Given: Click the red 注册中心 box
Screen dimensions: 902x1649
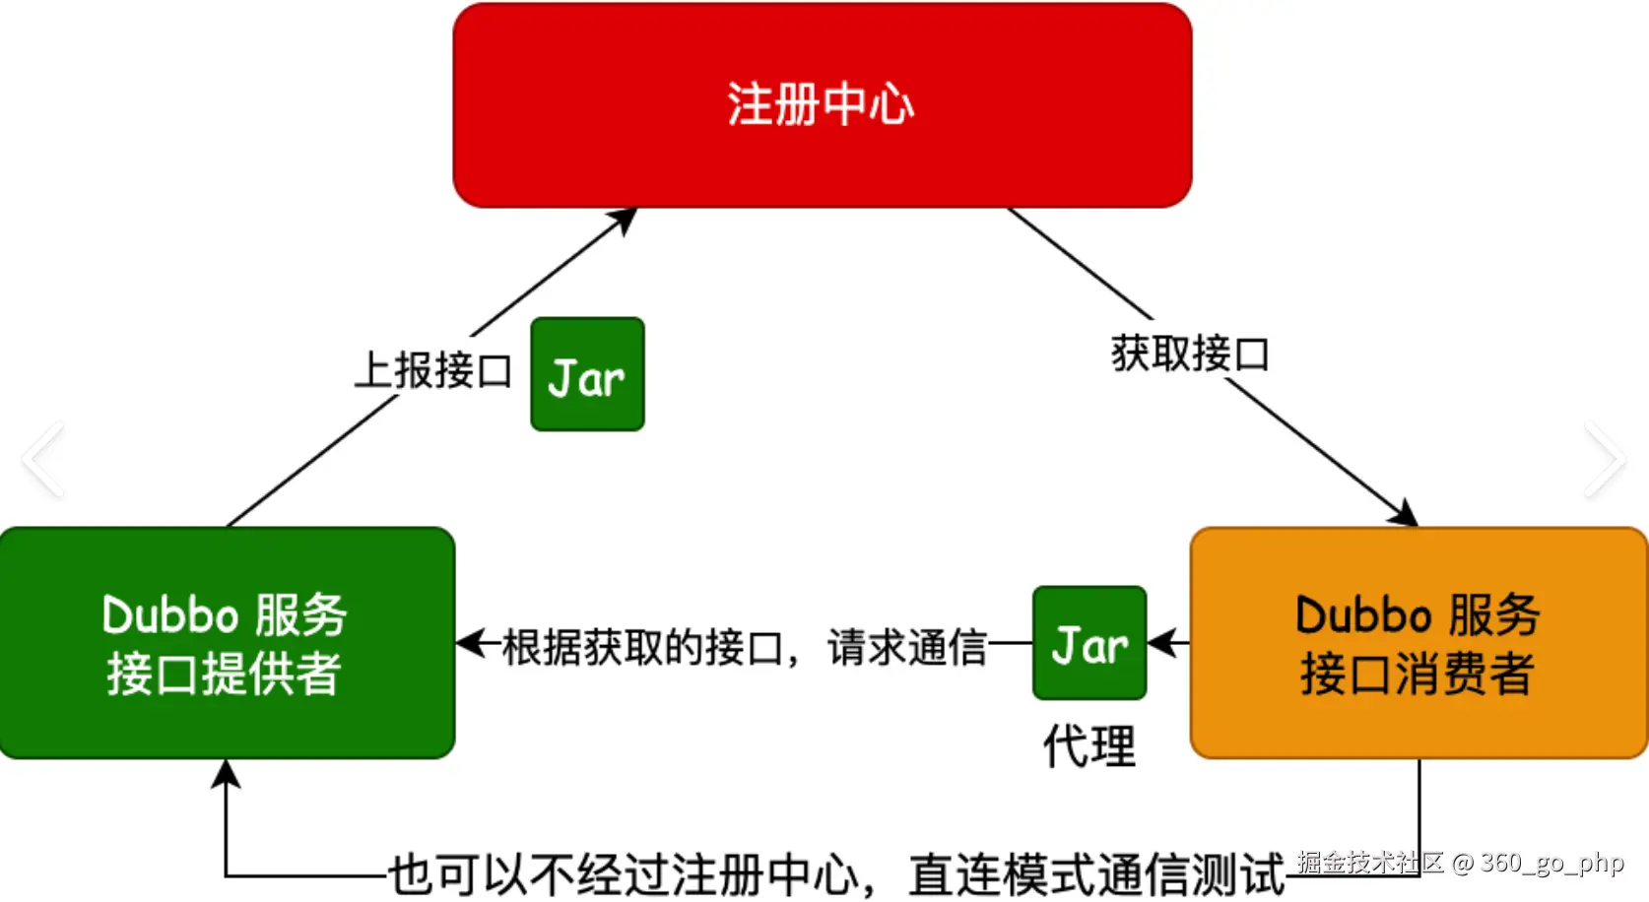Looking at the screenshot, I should pos(822,105).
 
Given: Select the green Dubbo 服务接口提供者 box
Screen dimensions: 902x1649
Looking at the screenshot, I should pos(227,643).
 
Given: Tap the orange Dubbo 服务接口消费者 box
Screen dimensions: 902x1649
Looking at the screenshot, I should pos(1418,643).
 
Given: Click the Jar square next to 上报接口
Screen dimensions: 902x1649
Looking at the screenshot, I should pos(587,374).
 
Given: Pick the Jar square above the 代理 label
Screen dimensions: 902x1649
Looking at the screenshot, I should pos(1089,643).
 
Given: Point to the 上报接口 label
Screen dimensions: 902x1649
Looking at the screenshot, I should pos(433,371).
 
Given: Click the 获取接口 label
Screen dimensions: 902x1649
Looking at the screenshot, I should pos(1190,354).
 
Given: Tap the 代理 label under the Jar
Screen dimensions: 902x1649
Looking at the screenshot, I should pos(1089,745).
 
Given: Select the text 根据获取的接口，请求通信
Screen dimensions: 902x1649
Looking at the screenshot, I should pos(745,647).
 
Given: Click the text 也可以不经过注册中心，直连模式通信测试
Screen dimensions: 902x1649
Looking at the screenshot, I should pos(837,874).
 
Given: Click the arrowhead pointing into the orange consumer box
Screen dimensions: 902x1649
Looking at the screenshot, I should pos(1406,515).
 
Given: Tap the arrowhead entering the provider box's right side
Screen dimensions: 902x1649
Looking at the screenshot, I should pos(471,644).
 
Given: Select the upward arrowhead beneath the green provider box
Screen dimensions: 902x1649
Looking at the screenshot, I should pos(227,774).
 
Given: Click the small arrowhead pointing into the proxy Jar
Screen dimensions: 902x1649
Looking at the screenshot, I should pos(1162,644).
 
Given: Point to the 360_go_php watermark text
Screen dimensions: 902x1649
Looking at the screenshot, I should pos(1539,863).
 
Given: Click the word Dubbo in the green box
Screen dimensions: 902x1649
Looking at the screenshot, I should pos(170,615).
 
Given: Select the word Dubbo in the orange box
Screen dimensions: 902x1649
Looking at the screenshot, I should pos(1363,615).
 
